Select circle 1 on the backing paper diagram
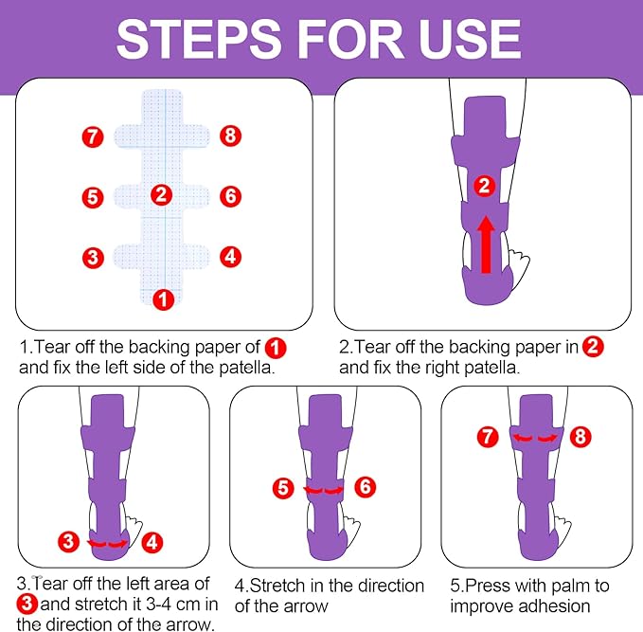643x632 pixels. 164,299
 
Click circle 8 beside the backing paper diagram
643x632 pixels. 230,136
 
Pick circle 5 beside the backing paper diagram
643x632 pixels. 92,197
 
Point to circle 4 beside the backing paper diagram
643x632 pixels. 229,255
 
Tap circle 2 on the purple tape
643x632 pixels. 485,186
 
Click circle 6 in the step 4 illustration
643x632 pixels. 365,488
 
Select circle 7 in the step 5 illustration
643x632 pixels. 487,437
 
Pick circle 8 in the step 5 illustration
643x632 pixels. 581,437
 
